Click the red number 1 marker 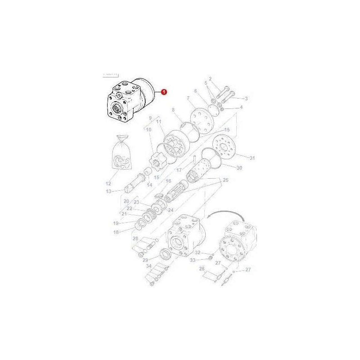tap(164, 92)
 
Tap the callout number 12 tap(108, 183)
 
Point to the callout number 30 tap(239, 168)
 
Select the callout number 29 tap(145, 260)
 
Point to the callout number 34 tap(148, 266)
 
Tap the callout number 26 tap(202, 268)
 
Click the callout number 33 tap(193, 260)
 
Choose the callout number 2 tap(222, 80)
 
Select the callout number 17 tap(179, 170)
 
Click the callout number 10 tap(149, 129)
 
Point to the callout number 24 tap(170, 210)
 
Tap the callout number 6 tap(195, 91)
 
